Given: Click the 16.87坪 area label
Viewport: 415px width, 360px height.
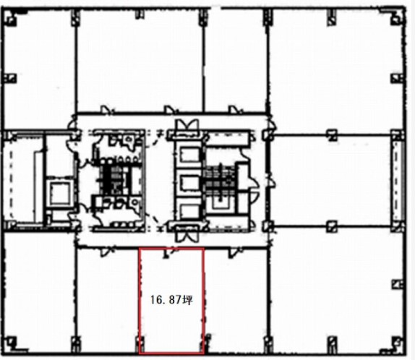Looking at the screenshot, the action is [171, 300].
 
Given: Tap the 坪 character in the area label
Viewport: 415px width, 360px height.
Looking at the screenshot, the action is [188, 300].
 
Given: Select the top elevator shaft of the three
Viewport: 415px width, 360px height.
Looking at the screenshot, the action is [189, 155].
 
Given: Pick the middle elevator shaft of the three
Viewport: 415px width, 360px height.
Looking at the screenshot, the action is [189, 183].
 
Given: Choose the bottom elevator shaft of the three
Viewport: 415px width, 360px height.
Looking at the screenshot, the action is [189, 211].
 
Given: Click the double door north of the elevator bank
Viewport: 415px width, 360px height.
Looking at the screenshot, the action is [188, 126].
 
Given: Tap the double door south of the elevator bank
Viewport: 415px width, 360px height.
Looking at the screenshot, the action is [187, 234].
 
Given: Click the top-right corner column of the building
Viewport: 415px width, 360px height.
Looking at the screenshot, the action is [398, 19].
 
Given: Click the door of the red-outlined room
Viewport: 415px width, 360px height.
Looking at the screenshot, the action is [169, 253].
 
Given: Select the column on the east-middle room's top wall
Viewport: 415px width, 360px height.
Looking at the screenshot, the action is [332, 134].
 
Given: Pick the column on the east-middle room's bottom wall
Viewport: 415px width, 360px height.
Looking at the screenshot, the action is [332, 226].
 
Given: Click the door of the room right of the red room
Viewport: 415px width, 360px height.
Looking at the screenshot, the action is [234, 252].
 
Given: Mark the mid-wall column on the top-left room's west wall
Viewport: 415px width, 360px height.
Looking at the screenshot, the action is [10, 78].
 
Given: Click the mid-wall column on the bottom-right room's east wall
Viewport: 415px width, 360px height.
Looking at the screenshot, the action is [398, 285].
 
